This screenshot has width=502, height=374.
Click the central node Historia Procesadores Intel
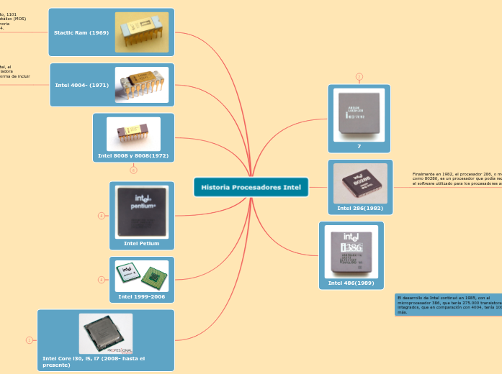[x=251, y=187]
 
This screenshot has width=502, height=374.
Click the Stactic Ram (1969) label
[x=81, y=32]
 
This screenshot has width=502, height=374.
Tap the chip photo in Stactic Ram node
[x=142, y=32]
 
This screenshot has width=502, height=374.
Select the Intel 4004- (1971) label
[x=82, y=85]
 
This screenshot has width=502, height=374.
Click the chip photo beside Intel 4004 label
[x=142, y=85]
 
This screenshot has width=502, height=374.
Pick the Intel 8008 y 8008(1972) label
[x=133, y=155]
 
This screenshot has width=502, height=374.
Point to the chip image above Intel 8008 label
[x=133, y=133]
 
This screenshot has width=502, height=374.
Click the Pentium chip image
[x=142, y=211]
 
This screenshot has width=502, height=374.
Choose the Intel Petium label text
[x=142, y=243]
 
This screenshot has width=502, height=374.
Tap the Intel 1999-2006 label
[x=142, y=296]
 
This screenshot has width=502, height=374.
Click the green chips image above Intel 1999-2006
[x=142, y=276]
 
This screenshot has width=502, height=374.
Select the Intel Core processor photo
[x=106, y=333]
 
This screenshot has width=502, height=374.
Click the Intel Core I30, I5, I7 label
[x=94, y=361]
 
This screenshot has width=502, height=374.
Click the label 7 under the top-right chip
[x=359, y=146]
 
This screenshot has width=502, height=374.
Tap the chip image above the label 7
[x=359, y=115]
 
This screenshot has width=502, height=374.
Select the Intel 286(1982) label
[x=360, y=208]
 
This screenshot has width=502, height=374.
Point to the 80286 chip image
[x=360, y=183]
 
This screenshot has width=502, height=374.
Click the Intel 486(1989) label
[x=351, y=283]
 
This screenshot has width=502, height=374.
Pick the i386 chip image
[x=351, y=252]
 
